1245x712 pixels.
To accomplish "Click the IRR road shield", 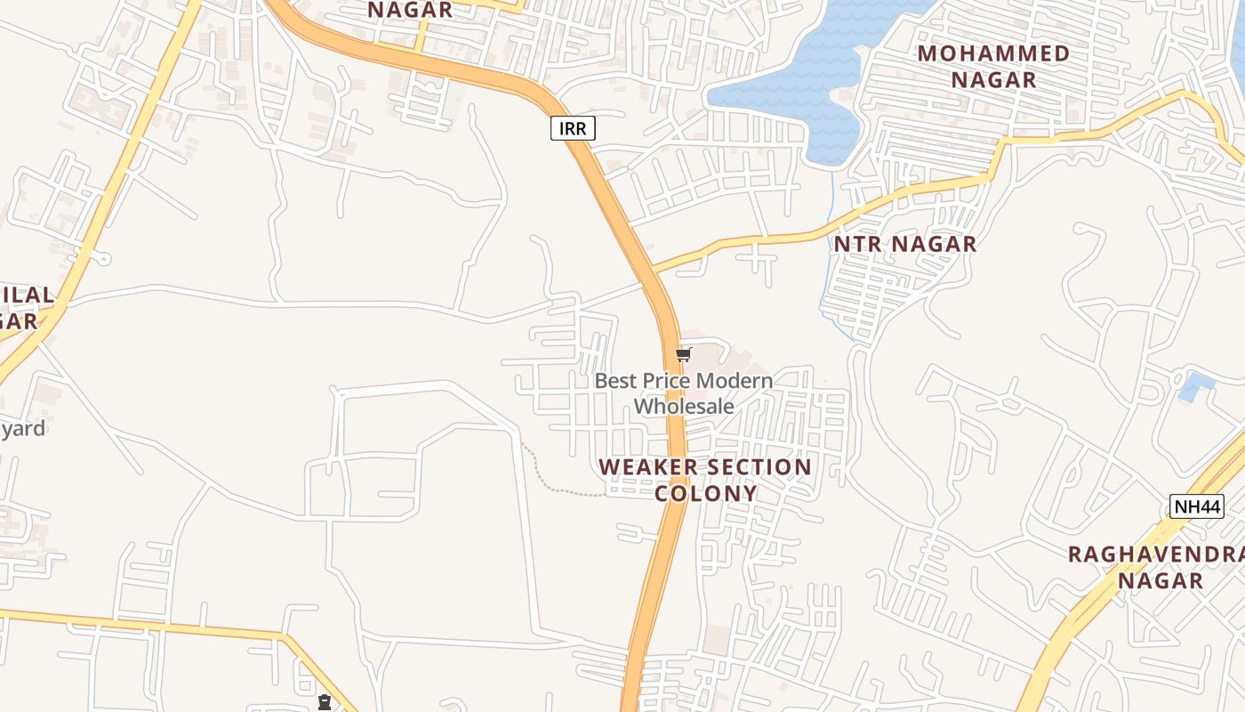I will pos(573,128).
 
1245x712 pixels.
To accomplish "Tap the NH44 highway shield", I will pos(1197,506).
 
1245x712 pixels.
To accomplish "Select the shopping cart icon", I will pos(683,355).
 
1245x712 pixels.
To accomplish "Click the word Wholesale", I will pos(684,406).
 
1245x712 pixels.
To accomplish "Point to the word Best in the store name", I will pos(616,381).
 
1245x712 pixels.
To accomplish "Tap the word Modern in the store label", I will pos(734,381).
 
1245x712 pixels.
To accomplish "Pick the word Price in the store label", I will pos(667,381).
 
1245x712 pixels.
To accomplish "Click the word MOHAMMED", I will pos(993,53).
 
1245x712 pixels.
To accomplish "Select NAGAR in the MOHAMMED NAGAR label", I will pos(993,80).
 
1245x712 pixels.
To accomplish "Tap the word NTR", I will pos(860,244).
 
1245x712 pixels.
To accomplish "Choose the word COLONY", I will pos(706,493).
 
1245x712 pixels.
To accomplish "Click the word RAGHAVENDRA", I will pos(1154,554).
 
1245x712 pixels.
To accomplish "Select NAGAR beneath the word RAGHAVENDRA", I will pos(1160,581).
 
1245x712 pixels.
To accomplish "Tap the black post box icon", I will pos(325,702).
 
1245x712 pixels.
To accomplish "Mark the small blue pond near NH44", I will pos(1196,388).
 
